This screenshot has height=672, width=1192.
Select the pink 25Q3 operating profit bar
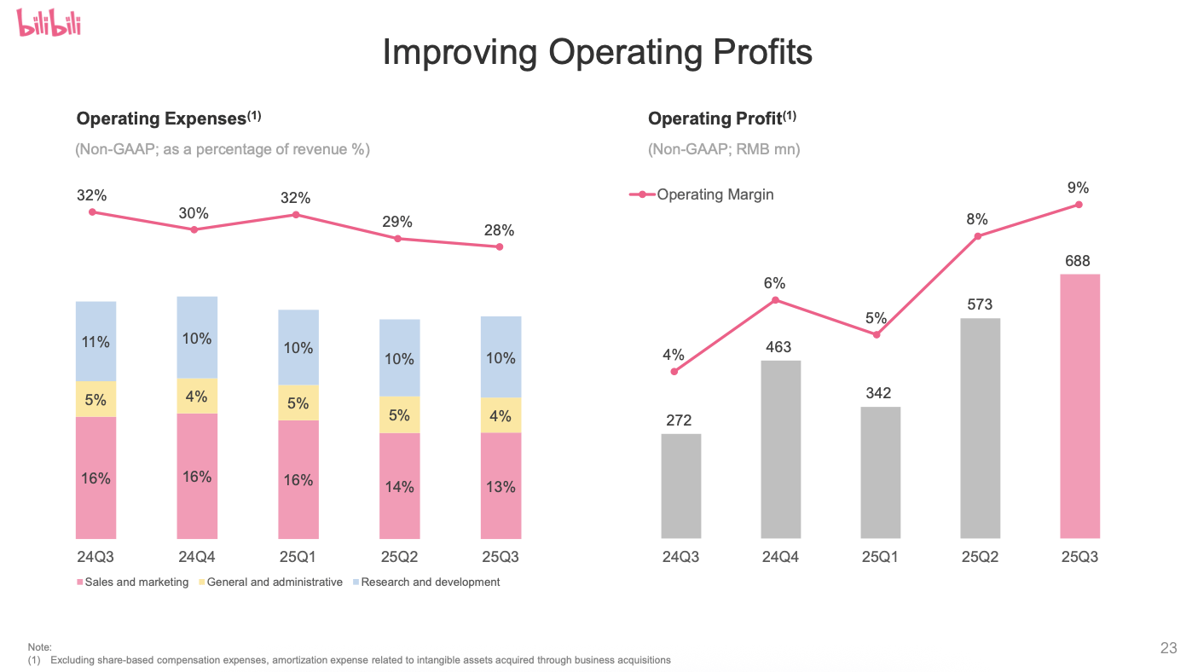[1079, 406]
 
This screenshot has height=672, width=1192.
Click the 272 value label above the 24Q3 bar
[680, 420]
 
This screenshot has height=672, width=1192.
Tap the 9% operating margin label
[1078, 188]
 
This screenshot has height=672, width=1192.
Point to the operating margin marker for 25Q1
[877, 334]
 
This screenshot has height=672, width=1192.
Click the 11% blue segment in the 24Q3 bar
[95, 342]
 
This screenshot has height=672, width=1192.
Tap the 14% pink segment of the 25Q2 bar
[399, 486]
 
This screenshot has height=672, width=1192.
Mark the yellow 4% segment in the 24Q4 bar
[197, 397]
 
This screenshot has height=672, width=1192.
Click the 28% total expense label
[499, 230]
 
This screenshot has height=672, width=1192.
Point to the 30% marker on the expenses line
[194, 229]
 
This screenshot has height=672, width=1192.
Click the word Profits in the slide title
[760, 52]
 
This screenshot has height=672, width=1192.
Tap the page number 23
[1168, 649]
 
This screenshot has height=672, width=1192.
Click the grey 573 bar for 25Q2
[980, 428]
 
